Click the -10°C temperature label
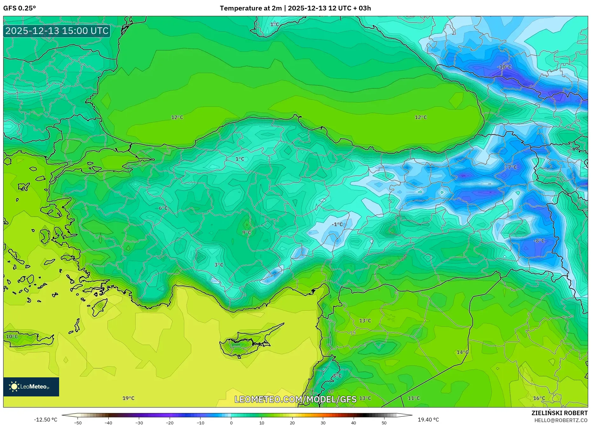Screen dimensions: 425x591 coord(504,67)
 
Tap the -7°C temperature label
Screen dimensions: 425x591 coord(512,167)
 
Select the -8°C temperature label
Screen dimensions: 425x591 coord(539,241)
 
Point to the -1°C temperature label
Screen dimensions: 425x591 coord(337,224)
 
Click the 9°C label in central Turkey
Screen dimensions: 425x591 coord(247,233)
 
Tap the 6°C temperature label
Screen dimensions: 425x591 coord(163,208)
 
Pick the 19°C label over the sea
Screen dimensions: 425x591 coord(128,398)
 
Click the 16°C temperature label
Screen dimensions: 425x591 coord(539,398)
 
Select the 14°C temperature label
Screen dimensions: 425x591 coord(462,352)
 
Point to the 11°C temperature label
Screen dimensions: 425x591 coord(414,398)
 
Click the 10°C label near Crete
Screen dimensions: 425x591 coord(12,336)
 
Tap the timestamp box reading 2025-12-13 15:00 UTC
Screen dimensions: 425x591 coord(57,31)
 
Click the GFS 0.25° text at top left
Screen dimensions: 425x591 coord(20,8)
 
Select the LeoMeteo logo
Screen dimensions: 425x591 coord(31,387)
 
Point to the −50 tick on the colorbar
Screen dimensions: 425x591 coord(78,423)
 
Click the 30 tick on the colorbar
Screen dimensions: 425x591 coord(323,423)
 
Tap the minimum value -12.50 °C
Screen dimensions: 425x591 coord(46,420)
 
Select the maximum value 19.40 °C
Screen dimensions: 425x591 coord(428,420)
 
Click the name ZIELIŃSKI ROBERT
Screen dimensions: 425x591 coord(559,413)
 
